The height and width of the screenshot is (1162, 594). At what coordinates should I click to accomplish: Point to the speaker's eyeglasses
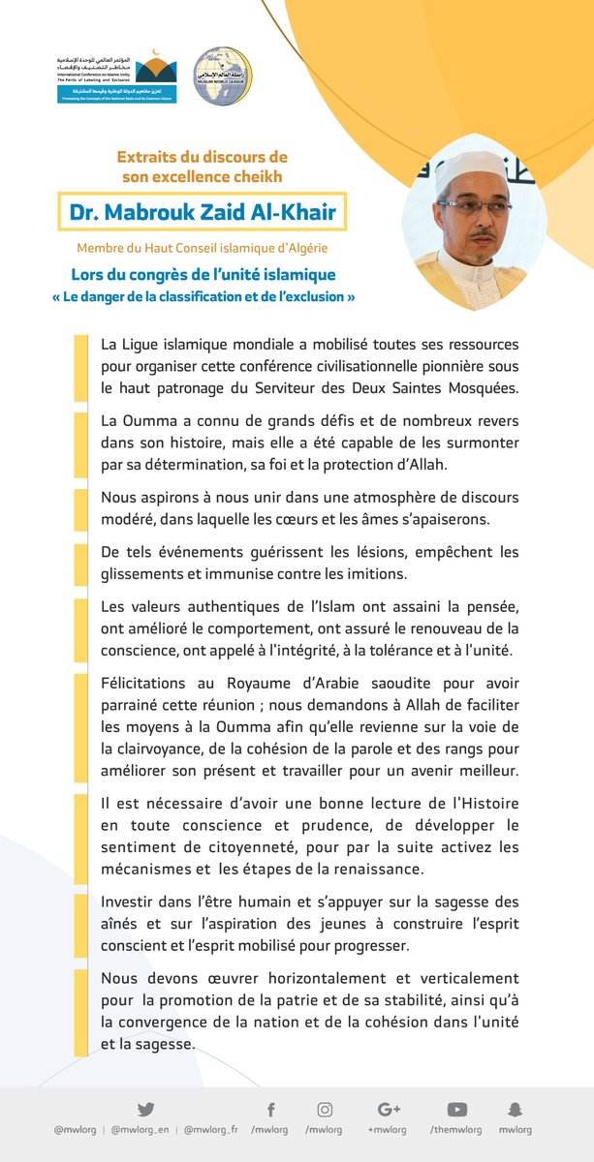(x=474, y=206)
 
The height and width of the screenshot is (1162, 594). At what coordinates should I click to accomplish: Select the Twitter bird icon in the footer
(x=145, y=1109)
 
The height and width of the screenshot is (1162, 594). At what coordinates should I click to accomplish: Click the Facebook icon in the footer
(x=270, y=1109)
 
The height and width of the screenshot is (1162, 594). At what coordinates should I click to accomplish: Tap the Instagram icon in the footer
(x=326, y=1109)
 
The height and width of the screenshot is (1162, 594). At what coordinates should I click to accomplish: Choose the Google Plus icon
(x=390, y=1109)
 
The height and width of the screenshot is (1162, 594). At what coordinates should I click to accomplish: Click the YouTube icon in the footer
(x=457, y=1109)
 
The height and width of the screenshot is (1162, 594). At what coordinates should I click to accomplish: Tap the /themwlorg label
(x=457, y=1129)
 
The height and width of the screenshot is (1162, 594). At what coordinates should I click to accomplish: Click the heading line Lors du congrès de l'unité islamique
(x=203, y=275)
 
